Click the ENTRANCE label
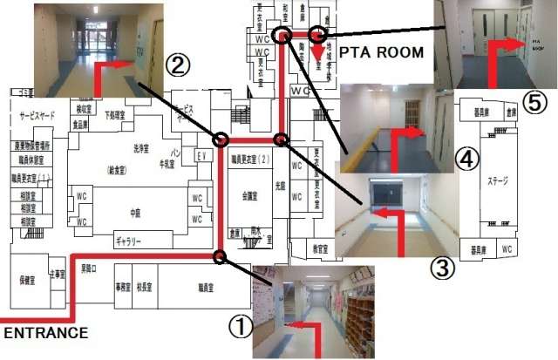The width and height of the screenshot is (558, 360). coord(44,332)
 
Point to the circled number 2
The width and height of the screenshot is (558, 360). coord(177,65)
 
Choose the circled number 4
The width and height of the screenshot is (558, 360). coord(468,159)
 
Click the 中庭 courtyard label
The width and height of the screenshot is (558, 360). coord(135,211)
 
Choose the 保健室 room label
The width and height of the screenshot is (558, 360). coord(27,281)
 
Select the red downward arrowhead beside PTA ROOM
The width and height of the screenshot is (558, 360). coord(314,61)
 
